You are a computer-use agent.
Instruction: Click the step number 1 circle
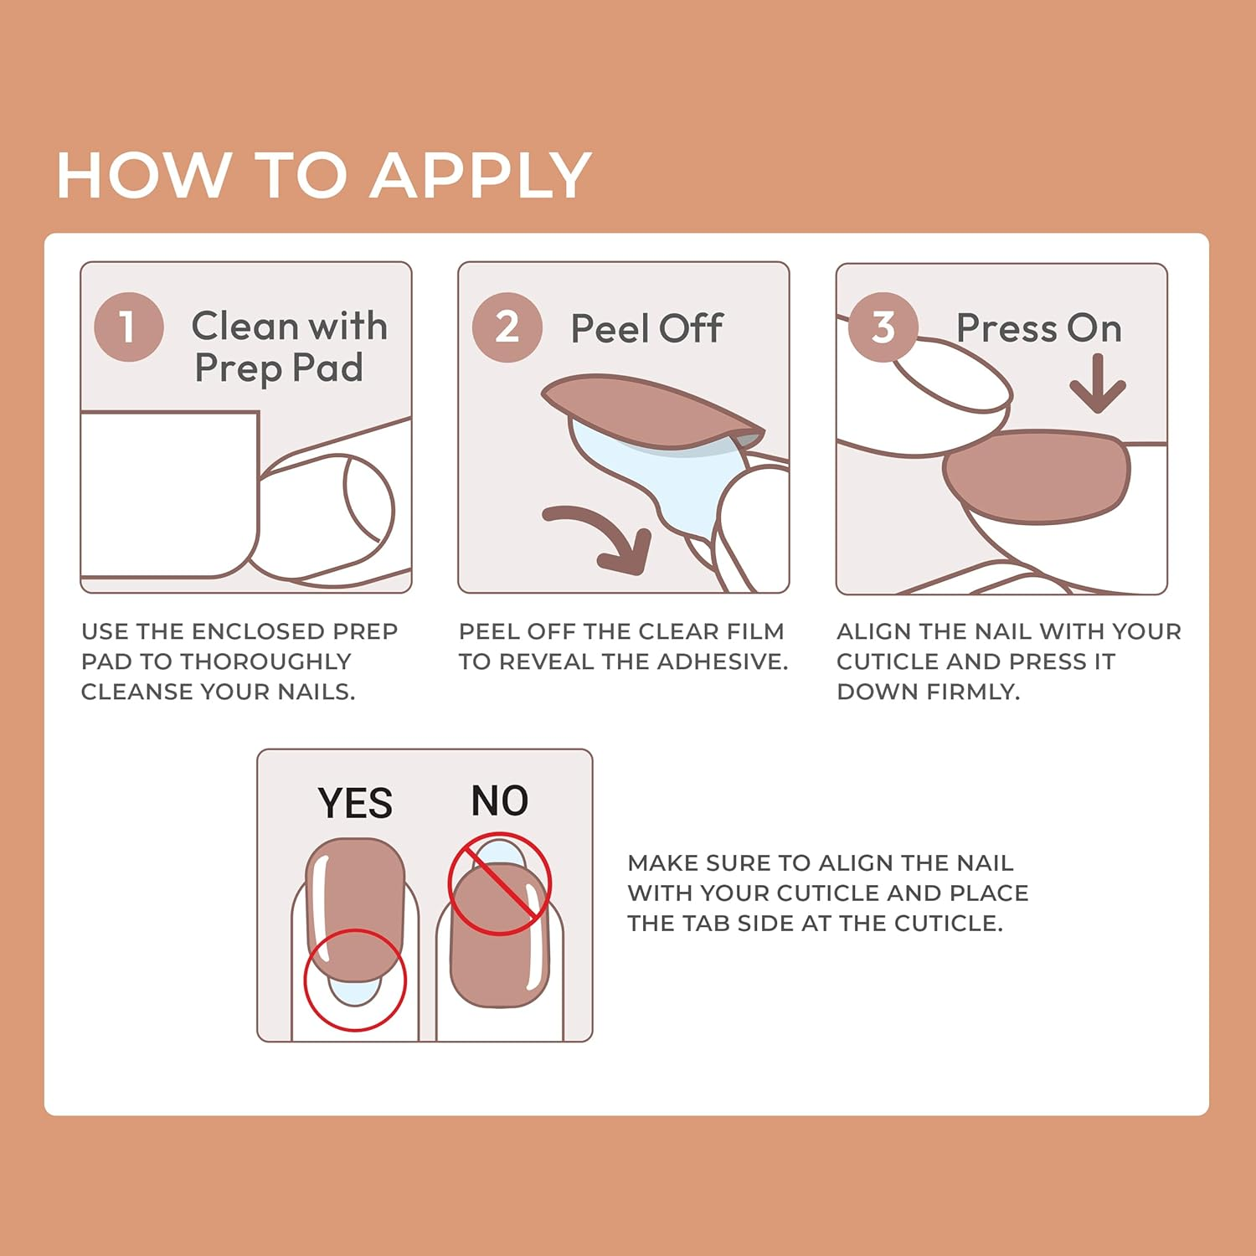coord(128,327)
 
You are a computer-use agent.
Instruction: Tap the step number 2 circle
coord(507,327)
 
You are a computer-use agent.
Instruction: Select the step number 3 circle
coord(883,327)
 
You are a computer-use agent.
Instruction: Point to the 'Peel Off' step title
coord(646,328)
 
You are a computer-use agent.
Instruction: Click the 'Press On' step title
coord(1038,328)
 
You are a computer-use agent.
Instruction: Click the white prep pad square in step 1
coord(167,494)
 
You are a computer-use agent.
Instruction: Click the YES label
coord(355,804)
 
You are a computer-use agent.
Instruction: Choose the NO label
coord(500,801)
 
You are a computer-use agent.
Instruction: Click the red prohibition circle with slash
coord(499,884)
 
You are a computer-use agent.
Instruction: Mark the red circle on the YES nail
coord(355,980)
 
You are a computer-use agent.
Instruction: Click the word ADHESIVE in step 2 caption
coord(721,661)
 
